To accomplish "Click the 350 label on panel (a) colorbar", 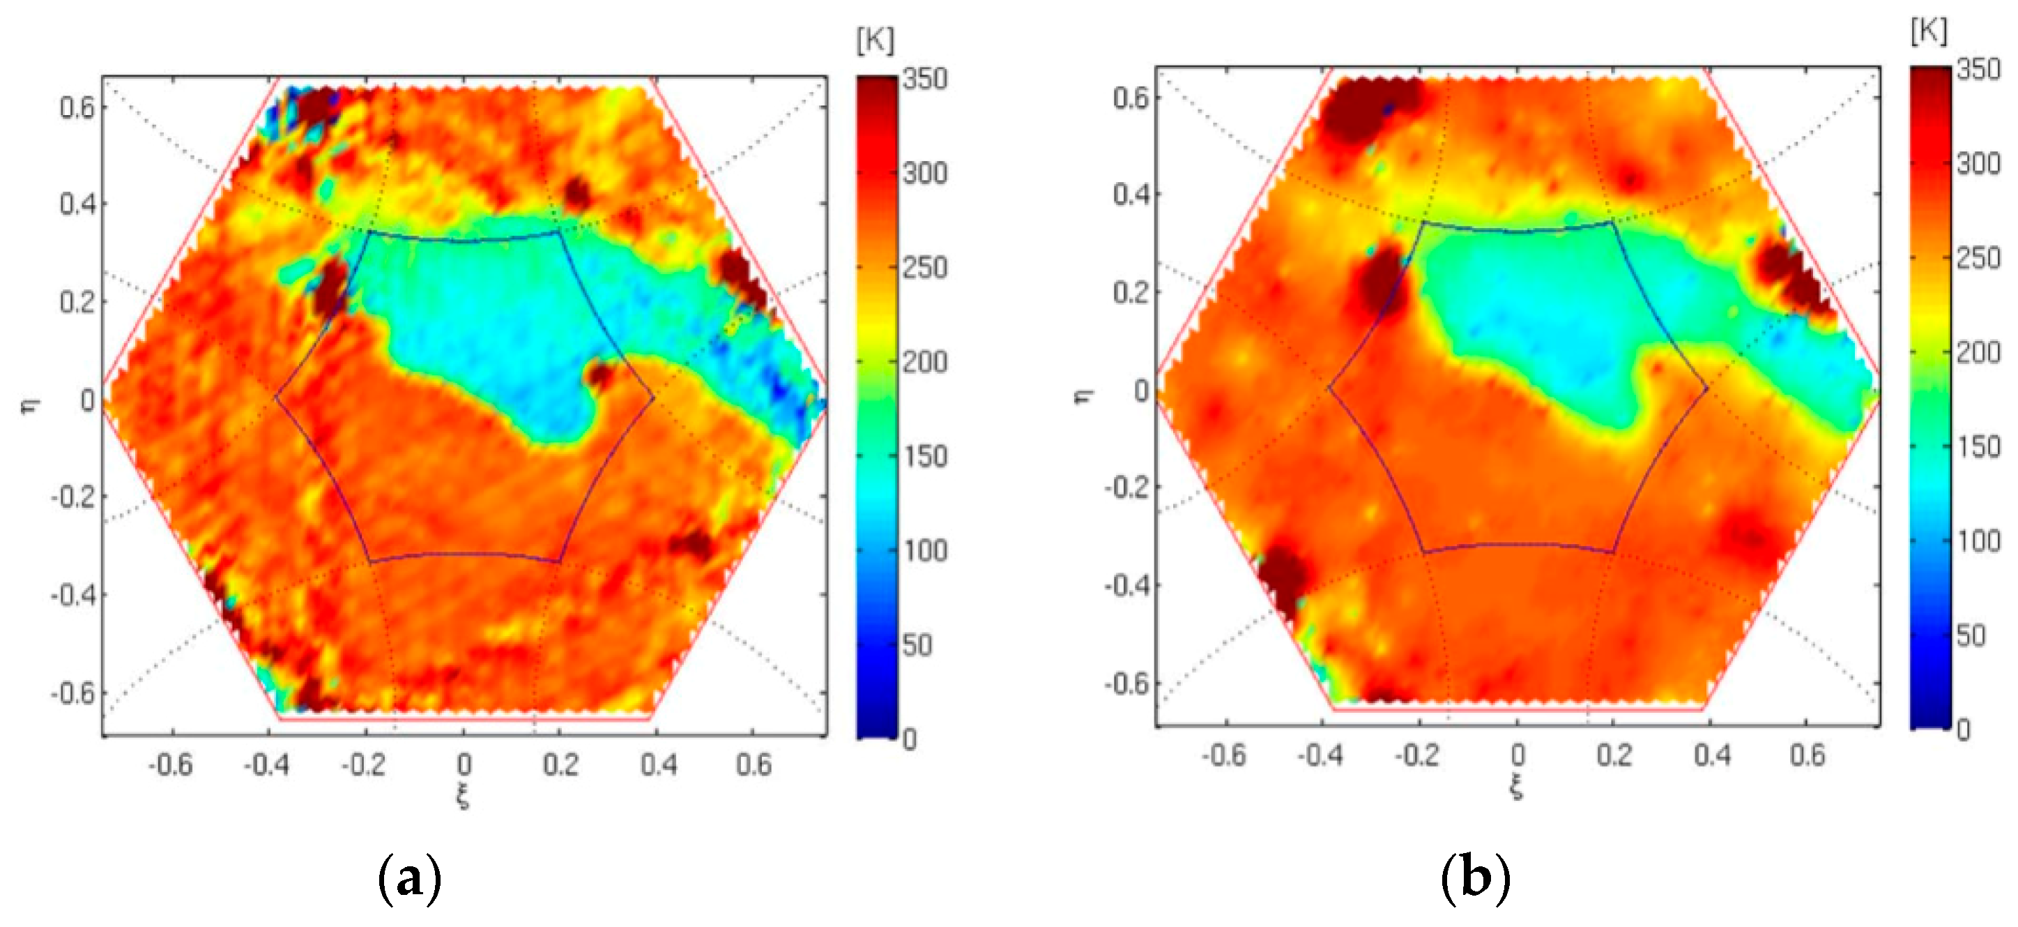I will point(924,79).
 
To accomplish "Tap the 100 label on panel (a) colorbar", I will point(925,550).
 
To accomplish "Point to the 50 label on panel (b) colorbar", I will point(1970,635).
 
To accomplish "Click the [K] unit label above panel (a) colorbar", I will point(875,39).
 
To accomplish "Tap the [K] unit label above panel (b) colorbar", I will point(1929,31).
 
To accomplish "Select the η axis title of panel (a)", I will point(29,406).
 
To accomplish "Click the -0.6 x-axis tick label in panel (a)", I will point(170,764).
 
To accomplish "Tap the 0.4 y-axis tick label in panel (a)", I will point(78,204).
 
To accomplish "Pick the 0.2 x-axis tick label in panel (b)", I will point(1614,755).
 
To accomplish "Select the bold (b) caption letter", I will point(1476,878).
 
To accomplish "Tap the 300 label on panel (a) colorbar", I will point(924,173).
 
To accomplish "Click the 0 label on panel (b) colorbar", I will point(1962,730).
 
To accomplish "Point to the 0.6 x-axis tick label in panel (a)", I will point(754,764).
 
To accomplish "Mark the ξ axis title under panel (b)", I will point(1517,787).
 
